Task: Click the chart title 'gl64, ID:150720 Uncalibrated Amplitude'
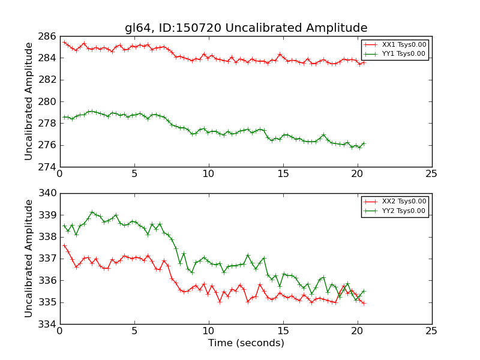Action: tap(246, 28)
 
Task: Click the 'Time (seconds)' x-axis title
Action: tap(246, 343)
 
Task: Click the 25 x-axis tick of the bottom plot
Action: tap(431, 331)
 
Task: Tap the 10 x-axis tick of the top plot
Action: tap(208, 174)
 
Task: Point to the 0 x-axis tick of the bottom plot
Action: tap(59, 331)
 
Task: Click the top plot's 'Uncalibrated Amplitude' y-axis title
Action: tap(29, 101)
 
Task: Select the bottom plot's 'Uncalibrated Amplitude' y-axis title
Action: tap(29, 259)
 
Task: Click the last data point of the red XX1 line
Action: tap(364, 62)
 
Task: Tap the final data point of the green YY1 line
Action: tap(364, 143)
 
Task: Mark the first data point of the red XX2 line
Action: tap(64, 245)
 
